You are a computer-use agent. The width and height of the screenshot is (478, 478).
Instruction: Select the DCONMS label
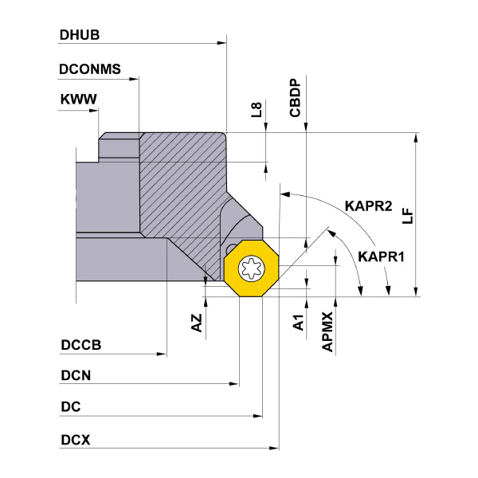click(90, 69)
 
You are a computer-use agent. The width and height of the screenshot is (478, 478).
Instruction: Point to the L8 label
click(255, 110)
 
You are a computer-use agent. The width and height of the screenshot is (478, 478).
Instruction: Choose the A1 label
click(298, 323)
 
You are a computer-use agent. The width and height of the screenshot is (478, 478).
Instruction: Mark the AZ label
click(197, 322)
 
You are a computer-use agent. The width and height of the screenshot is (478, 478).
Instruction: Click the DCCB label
click(80, 347)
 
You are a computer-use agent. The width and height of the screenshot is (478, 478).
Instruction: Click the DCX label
click(75, 439)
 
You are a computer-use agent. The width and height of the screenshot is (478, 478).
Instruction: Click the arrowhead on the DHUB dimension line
click(222, 44)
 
